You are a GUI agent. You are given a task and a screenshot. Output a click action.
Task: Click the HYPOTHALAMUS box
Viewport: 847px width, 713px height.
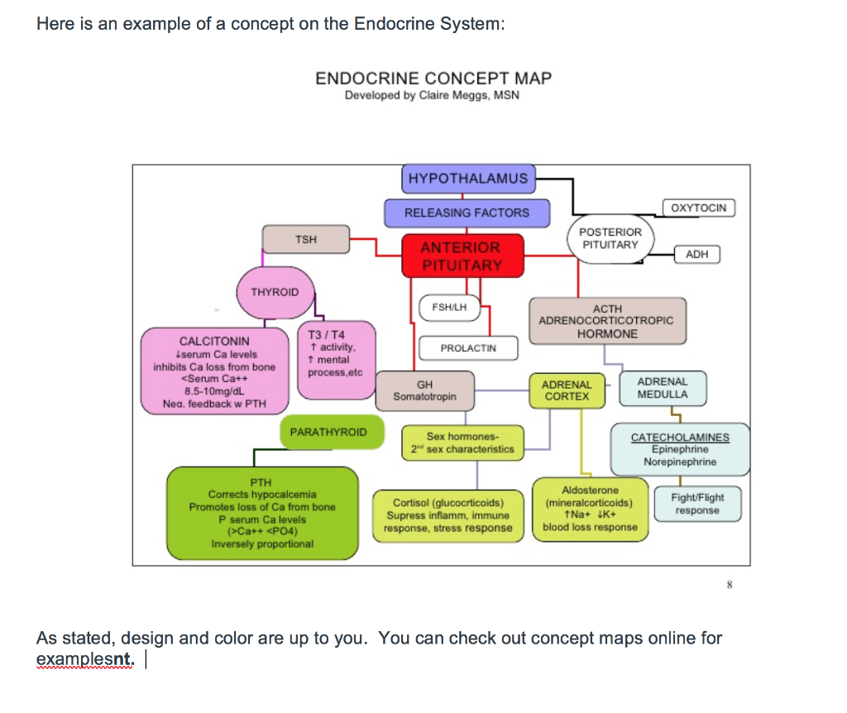(x=467, y=178)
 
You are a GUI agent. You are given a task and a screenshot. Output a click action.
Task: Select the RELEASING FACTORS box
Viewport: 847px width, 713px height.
(x=467, y=213)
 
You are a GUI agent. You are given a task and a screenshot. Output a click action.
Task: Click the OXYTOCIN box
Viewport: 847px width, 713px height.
(x=699, y=208)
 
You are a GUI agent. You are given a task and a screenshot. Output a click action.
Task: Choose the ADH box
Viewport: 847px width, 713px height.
(x=697, y=254)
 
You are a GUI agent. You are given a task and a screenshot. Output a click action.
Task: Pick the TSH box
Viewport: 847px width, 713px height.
(x=305, y=239)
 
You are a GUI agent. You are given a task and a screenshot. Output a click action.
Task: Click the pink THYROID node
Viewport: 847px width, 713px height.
(x=275, y=293)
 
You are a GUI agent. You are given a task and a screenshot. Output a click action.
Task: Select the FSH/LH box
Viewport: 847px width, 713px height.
(x=449, y=308)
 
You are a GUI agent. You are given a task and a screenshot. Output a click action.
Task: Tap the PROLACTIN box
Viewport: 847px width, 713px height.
(x=468, y=348)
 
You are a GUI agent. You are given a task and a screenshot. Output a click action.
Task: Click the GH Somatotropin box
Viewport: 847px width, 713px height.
(x=424, y=390)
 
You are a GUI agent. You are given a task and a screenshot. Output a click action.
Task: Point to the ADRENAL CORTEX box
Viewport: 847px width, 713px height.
(x=567, y=390)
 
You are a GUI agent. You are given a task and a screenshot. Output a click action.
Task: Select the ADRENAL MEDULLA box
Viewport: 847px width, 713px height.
(x=663, y=388)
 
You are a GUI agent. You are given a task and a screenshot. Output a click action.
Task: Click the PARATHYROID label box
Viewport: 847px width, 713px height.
(x=328, y=433)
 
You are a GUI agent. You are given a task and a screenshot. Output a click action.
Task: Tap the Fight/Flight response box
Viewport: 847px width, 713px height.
(x=697, y=504)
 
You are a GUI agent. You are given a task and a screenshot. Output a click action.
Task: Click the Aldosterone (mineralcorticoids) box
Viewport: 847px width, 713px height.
(x=590, y=509)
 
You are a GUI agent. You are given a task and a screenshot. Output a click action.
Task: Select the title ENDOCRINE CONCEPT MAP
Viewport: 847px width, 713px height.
(x=433, y=79)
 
